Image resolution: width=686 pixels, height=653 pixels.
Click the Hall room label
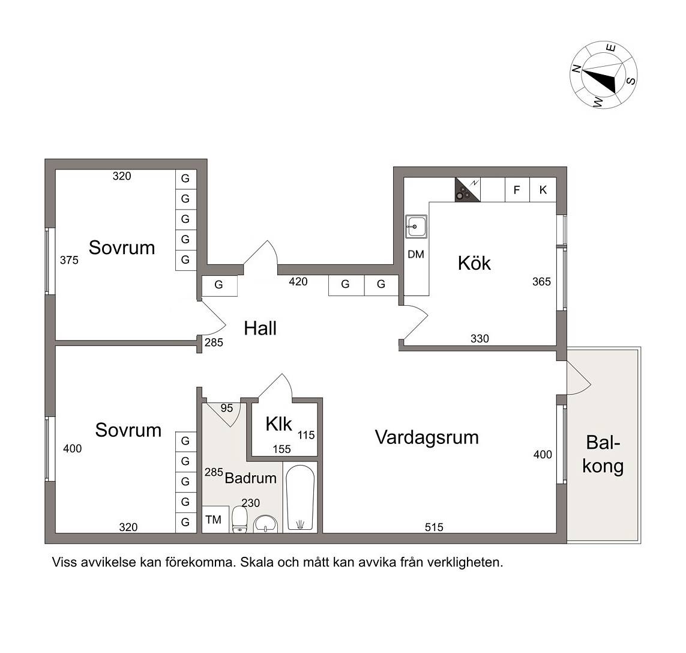coord(260,329)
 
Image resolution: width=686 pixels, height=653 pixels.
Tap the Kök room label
coord(474,263)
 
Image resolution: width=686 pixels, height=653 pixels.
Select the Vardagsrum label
coord(427,437)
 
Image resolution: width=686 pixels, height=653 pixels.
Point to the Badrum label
coord(251,478)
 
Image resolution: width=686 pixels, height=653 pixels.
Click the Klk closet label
coord(278,424)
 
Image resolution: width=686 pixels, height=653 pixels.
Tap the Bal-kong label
coord(603,454)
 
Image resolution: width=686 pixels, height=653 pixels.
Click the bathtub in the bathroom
coord(299,498)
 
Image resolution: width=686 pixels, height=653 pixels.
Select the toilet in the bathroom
coord(239,520)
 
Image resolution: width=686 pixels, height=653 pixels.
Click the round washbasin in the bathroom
coord(265,524)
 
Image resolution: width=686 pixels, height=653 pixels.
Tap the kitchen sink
coord(416,226)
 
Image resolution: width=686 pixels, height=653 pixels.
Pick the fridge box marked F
coord(517,190)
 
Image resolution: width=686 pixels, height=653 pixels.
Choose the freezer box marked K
coord(543,190)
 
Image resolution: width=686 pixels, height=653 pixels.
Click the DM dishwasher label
coord(416,255)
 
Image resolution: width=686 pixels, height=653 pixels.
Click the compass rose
coord(603,75)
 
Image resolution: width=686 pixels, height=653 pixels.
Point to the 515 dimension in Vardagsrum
coord(434,527)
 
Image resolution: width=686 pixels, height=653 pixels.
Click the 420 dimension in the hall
coord(298,282)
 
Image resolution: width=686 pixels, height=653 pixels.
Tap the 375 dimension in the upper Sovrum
coord(69,260)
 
